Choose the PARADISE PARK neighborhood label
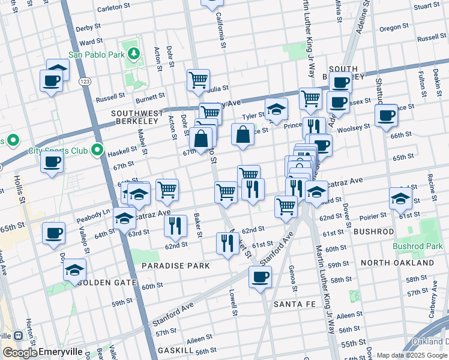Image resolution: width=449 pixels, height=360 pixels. (x=175, y=265)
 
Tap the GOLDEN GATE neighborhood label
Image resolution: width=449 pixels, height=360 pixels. (x=107, y=283)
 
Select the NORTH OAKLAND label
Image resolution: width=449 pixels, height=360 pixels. (x=406, y=263)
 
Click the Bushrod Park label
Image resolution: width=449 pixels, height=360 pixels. (x=417, y=246)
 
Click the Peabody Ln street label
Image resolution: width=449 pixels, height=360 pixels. (x=93, y=212)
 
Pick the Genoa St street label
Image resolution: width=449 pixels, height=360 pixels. (x=291, y=274)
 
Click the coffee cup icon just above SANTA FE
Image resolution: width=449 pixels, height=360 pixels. (x=260, y=277)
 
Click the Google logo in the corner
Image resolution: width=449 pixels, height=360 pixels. (x=20, y=353)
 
